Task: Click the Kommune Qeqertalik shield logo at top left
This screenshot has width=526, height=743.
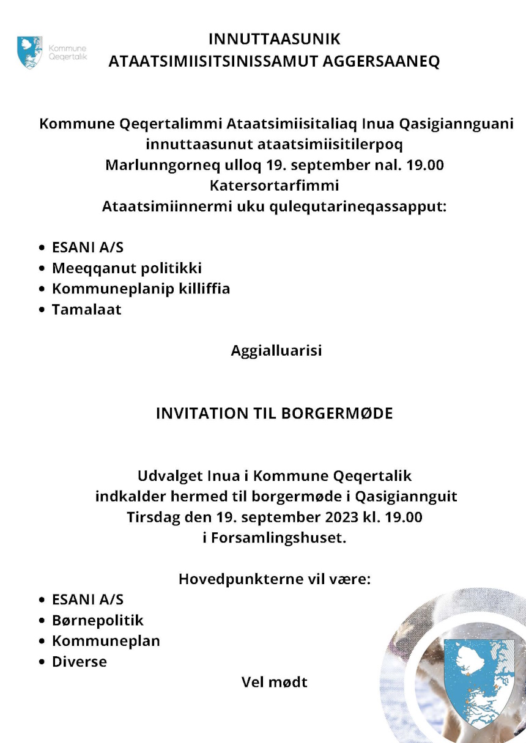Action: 30,52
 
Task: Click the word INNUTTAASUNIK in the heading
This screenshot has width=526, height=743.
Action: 274,40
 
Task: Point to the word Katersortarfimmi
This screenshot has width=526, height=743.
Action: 274,186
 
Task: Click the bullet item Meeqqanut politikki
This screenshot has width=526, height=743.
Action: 127,268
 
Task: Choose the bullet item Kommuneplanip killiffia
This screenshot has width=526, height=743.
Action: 141,289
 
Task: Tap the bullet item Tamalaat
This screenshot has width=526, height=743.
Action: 86,310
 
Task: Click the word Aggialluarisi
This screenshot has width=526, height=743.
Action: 276,351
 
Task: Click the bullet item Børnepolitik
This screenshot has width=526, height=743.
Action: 97,621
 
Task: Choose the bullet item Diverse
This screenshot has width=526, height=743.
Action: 79,662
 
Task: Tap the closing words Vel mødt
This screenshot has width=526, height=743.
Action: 274,683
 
